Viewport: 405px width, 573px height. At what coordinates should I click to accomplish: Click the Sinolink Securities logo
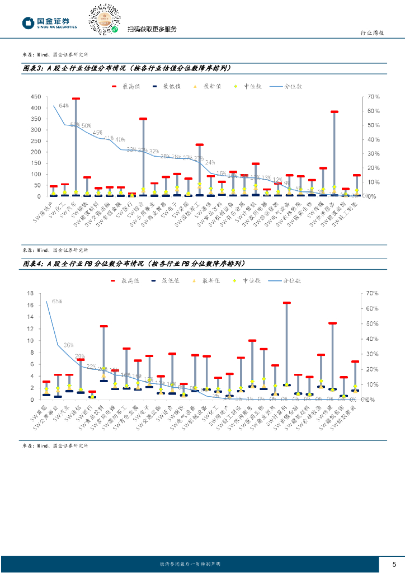pos(49,23)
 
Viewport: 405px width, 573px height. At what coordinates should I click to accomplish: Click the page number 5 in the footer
pos(394,563)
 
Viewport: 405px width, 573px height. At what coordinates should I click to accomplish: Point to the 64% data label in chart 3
pos(63,106)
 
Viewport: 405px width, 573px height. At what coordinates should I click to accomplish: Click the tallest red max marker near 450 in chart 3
pos(76,98)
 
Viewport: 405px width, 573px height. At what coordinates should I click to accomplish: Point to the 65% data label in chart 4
pos(56,301)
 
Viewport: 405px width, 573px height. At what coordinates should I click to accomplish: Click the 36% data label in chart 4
pos(69,345)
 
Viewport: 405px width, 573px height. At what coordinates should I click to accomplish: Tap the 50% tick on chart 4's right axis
pos(373,323)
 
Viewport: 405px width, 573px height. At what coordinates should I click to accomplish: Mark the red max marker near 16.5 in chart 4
pos(286,303)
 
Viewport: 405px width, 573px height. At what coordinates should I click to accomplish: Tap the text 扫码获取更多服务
pos(152,29)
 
